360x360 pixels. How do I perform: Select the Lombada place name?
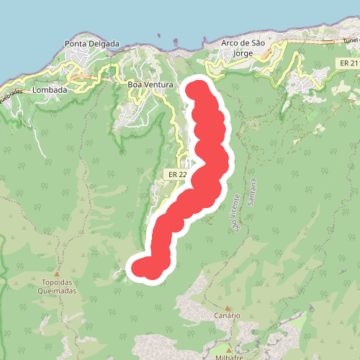point(50,90)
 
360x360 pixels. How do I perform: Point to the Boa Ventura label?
point(150,85)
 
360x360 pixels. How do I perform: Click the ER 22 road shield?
point(177,174)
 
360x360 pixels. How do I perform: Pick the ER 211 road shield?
point(348,65)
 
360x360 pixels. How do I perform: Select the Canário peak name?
point(227,315)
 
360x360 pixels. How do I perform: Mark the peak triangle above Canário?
point(227,307)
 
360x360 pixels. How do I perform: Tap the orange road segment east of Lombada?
point(86,75)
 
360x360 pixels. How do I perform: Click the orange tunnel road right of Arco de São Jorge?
point(317,43)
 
